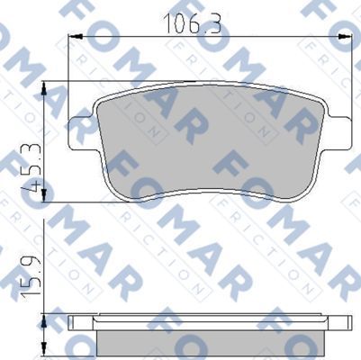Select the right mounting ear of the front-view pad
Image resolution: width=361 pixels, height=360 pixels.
coord(340,126)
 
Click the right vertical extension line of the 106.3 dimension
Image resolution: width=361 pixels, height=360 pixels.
coord(351,72)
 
